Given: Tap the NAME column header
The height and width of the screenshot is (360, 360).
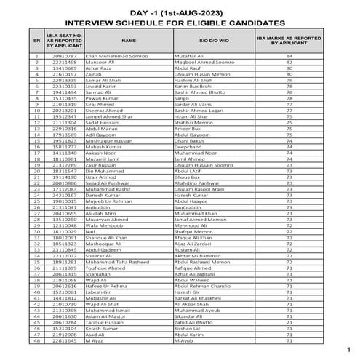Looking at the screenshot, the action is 128,41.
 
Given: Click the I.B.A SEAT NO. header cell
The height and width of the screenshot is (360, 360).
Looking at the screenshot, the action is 60,41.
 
